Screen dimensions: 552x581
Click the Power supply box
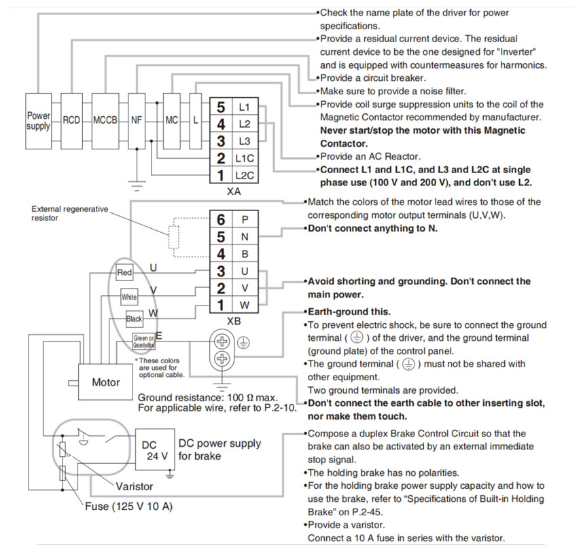coord(38,121)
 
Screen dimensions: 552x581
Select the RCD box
coord(71,121)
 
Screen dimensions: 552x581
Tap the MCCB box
coord(105,121)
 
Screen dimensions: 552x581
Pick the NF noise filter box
coord(137,121)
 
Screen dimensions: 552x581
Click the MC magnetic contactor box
coord(171,121)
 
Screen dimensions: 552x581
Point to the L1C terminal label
coord(244,159)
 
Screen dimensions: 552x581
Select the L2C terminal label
coord(244,176)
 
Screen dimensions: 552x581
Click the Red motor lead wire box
coord(124,273)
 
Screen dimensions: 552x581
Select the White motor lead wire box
coord(129,297)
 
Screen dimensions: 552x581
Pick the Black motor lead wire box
coord(134,318)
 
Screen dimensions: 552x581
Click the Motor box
coord(105,382)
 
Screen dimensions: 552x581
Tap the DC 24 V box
coord(152,449)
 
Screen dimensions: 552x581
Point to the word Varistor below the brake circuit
coord(134,486)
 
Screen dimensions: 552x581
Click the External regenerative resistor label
coord(69,213)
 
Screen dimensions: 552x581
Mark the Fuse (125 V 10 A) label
coord(128,506)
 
